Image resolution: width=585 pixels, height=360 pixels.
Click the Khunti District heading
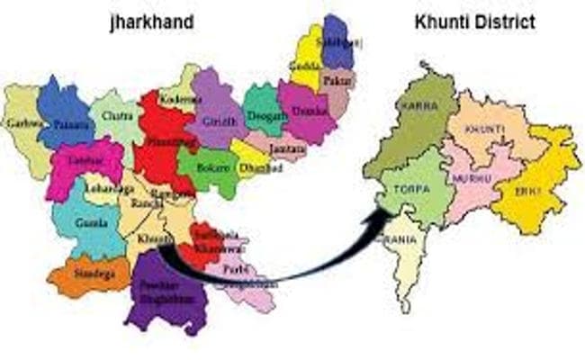474,20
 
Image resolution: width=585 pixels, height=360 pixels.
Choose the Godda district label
303,67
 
